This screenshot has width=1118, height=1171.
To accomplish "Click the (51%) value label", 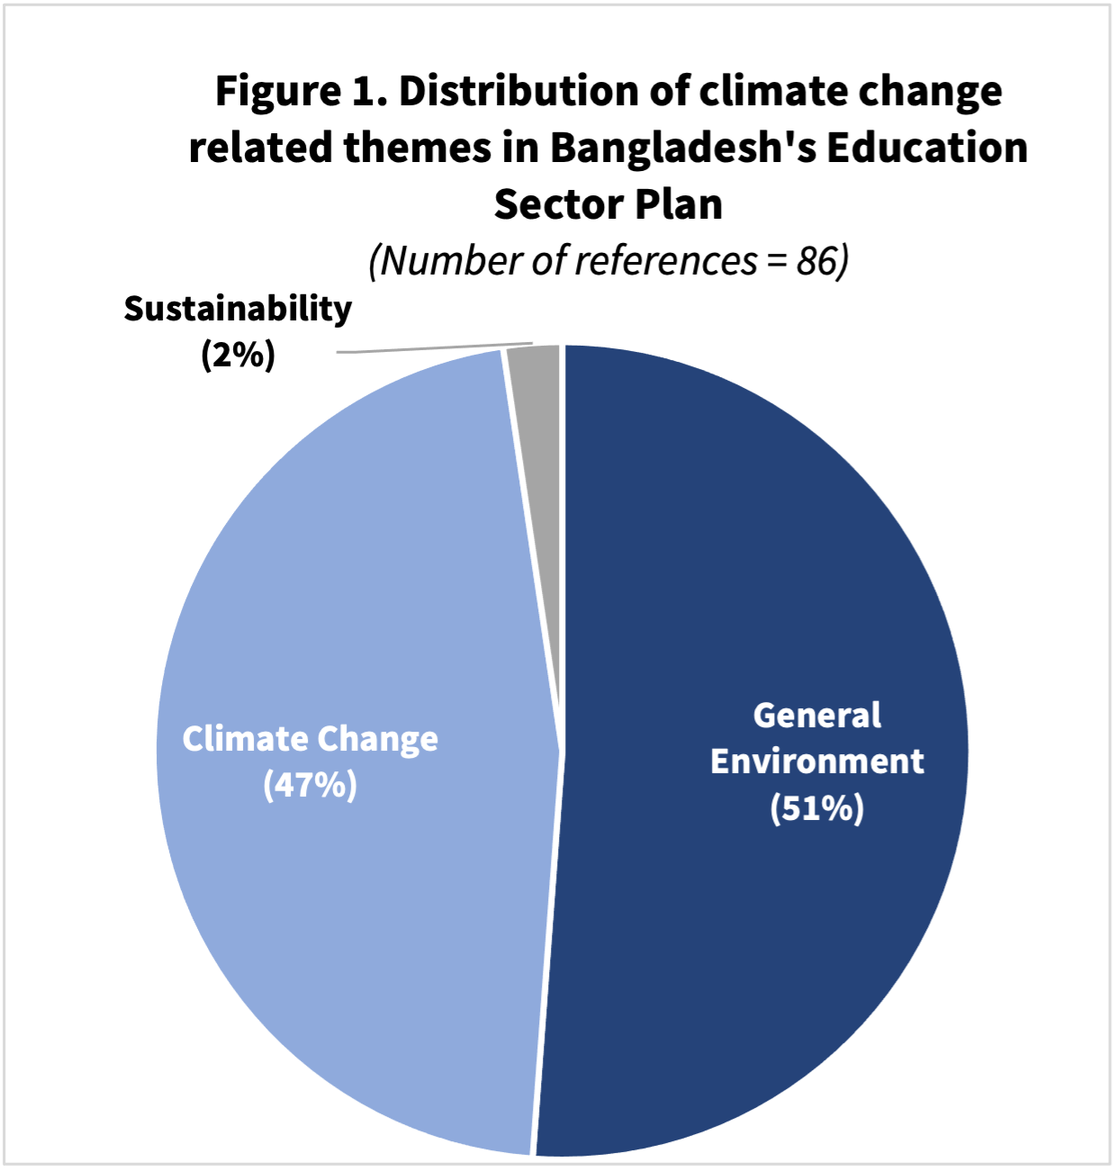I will (x=816, y=808).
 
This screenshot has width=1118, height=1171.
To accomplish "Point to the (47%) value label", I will (x=310, y=785).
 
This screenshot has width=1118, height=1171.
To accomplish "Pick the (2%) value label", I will (x=238, y=355).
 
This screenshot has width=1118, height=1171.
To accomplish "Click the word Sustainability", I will (x=238, y=309).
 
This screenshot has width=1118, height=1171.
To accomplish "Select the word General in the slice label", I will (x=816, y=716).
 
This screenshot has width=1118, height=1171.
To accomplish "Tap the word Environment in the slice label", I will (x=816, y=761).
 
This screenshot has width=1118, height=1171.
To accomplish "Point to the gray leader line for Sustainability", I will (x=432, y=348).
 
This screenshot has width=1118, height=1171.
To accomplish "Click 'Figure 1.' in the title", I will (x=302, y=91).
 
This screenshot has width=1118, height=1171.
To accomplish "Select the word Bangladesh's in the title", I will (x=682, y=148).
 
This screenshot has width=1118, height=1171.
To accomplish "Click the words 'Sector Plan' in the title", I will (x=608, y=204).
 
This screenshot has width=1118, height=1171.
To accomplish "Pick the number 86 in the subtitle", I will (x=816, y=261).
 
